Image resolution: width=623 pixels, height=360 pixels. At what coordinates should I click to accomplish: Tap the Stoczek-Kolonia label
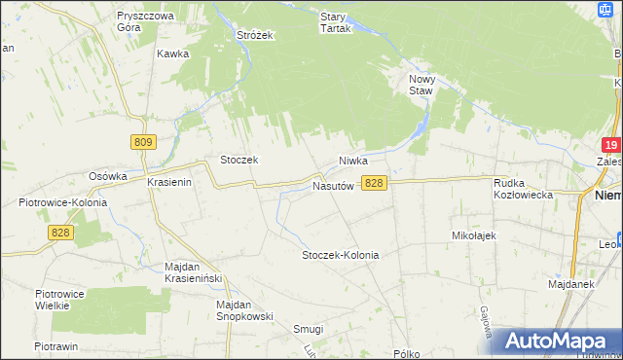click(x=340, y=255)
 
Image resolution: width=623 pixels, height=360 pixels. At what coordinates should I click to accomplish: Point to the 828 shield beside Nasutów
click(x=375, y=183)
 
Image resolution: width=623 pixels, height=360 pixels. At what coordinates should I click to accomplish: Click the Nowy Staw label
click(x=421, y=84)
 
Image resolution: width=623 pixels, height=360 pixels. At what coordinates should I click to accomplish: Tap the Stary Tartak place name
click(x=335, y=22)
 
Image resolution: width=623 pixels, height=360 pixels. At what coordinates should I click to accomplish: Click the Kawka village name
click(x=172, y=54)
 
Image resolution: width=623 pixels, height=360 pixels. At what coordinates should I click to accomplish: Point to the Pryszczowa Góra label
click(x=144, y=22)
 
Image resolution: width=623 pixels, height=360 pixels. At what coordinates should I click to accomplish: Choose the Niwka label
click(x=357, y=161)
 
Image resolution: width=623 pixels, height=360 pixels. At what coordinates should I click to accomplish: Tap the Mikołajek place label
click(x=475, y=235)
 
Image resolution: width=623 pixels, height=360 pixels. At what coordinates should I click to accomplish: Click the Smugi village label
click(x=309, y=329)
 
